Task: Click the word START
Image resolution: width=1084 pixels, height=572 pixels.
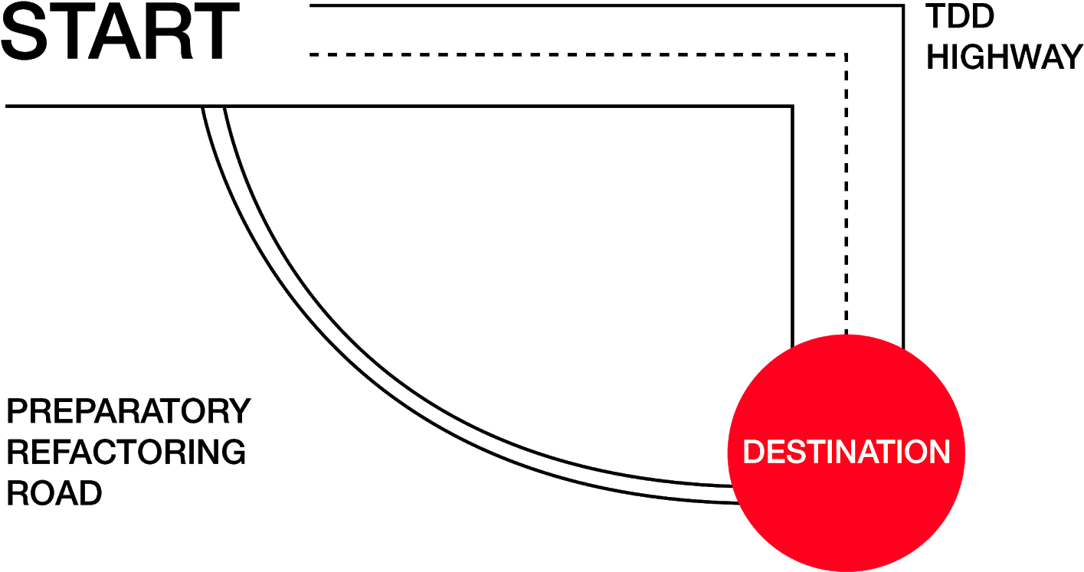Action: click(120, 31)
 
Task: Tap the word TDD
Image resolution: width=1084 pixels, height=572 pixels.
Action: click(960, 16)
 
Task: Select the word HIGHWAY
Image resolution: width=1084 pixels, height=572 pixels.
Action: click(1004, 57)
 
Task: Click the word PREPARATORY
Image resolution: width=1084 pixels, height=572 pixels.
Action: click(128, 411)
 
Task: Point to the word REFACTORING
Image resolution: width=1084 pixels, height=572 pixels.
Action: click(126, 452)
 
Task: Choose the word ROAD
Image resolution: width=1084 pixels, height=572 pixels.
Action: click(54, 493)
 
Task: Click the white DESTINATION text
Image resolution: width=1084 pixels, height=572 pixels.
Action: click(847, 452)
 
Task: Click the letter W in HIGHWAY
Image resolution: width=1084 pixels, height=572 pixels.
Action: click(1027, 57)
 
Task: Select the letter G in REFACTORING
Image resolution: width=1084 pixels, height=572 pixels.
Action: click(232, 452)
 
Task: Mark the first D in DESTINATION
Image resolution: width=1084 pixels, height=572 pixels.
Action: click(754, 452)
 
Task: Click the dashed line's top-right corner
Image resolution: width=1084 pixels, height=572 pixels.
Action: click(846, 54)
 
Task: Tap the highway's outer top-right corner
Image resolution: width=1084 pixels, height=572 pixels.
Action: click(903, 6)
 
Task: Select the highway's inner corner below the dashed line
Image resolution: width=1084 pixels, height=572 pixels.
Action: click(792, 106)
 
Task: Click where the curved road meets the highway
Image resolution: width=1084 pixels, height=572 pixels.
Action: click(214, 106)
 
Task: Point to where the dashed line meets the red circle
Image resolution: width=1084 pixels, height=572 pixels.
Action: click(846, 335)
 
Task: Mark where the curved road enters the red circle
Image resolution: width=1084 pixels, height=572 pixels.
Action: click(735, 494)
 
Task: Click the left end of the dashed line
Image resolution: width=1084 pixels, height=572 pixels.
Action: click(311, 54)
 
